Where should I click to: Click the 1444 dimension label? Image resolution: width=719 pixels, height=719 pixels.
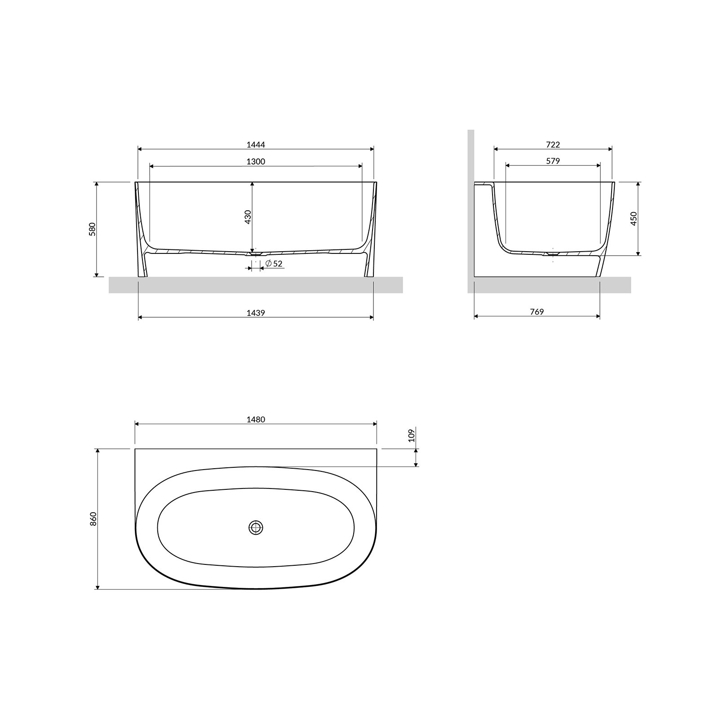click(256, 145)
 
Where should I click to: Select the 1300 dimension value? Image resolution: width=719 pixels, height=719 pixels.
click(256, 161)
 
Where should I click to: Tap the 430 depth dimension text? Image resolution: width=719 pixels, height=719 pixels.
click(248, 217)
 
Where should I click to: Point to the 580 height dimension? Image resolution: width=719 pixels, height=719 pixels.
click(93, 229)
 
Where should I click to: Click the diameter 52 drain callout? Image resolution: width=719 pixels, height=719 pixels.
click(274, 264)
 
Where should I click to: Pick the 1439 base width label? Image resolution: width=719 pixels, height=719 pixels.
click(256, 313)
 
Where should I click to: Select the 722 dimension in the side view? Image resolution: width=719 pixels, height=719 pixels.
click(553, 145)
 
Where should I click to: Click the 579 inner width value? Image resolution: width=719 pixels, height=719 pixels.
click(553, 161)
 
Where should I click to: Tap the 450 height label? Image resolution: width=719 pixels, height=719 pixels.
click(634, 219)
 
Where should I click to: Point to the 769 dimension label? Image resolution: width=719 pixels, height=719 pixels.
click(537, 312)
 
